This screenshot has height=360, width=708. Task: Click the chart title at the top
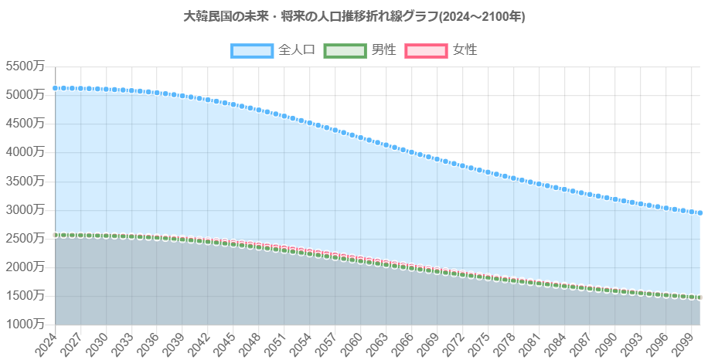(355, 16)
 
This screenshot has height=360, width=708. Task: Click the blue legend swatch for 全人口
(252, 50)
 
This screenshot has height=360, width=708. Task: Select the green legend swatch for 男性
(344, 50)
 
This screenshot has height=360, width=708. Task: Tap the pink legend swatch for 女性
(426, 50)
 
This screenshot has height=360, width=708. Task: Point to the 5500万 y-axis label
(25, 66)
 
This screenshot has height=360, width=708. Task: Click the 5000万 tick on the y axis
(25, 95)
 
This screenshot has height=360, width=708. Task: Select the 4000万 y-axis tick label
(25, 152)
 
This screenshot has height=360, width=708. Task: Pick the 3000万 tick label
(25, 209)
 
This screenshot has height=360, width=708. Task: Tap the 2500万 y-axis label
(25, 238)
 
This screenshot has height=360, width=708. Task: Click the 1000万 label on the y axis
(25, 324)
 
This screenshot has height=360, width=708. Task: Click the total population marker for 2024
(55, 88)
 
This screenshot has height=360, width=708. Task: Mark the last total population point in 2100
(700, 213)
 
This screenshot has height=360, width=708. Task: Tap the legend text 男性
(384, 50)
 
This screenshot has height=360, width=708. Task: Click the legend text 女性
(465, 50)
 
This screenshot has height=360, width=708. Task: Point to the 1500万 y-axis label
(25, 295)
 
